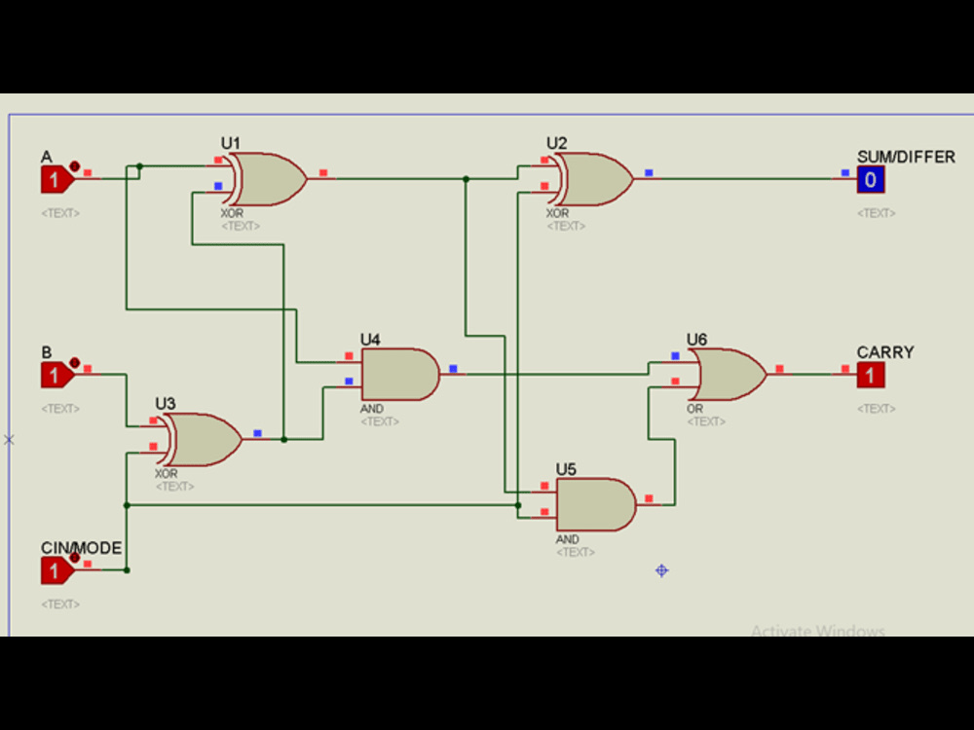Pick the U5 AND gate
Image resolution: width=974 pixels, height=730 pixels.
click(x=595, y=504)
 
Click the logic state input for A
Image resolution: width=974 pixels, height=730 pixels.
click(x=56, y=179)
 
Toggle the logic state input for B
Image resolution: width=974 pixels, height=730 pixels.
click(x=56, y=375)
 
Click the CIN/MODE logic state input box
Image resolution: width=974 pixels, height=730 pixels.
click(x=56, y=570)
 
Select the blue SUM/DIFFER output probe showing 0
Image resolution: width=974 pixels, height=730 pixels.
click(x=871, y=179)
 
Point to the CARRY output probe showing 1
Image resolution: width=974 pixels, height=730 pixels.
click(x=871, y=375)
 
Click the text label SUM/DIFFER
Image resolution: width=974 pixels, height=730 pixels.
click(x=906, y=157)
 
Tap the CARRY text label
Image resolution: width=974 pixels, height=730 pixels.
click(x=885, y=352)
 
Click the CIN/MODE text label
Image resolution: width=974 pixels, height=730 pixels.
click(x=81, y=548)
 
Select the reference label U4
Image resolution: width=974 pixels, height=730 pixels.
click(x=370, y=340)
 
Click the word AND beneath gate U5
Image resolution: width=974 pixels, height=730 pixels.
click(x=567, y=539)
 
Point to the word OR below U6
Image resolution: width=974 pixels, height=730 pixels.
click(x=694, y=409)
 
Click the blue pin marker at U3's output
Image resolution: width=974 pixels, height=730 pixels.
click(x=257, y=433)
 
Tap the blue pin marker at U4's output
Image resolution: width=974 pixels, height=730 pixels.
click(x=453, y=369)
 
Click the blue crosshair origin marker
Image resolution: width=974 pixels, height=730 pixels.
click(x=661, y=570)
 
